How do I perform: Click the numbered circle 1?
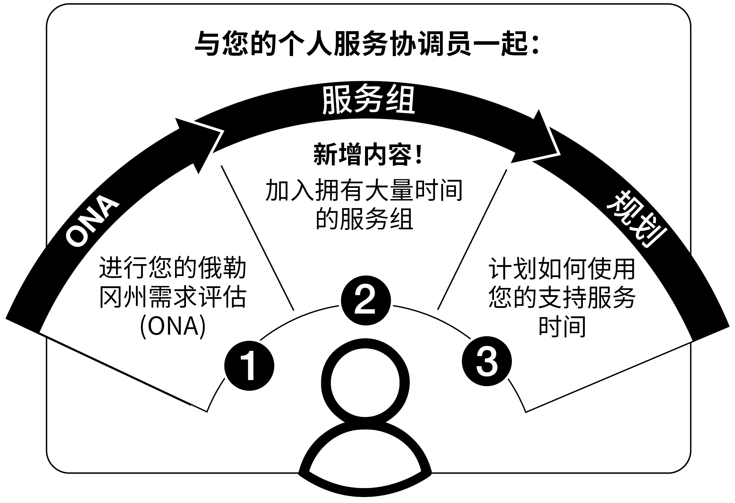point(249,365)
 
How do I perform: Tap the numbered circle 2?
point(365,300)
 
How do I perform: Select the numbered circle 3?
point(486,361)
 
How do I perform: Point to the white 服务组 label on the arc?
point(368,100)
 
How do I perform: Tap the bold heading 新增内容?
point(368,154)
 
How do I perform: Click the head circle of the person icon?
point(365,383)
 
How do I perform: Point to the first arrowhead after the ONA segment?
point(199,142)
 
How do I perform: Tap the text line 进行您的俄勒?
point(173,268)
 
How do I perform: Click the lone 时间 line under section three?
point(562,326)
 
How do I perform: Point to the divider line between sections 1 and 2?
point(258,238)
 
